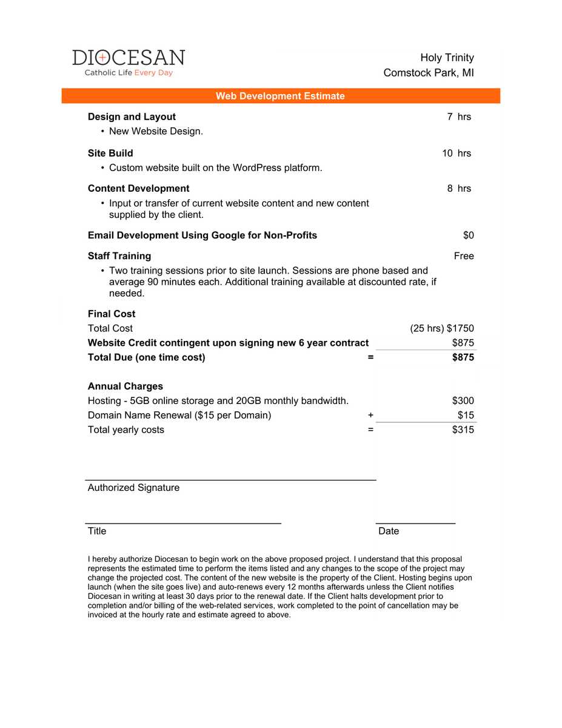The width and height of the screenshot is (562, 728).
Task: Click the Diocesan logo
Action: (129, 62)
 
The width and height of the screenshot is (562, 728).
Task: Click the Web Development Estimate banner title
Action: (280, 96)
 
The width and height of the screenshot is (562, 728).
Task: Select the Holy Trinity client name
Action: (447, 58)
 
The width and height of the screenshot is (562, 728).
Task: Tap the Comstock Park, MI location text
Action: (429, 73)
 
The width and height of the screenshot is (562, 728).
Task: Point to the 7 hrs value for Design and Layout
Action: (459, 116)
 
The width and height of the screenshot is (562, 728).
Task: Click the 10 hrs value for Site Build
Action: (457, 153)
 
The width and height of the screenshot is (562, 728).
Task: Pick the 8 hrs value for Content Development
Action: (459, 188)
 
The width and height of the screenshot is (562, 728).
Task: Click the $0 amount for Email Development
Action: (468, 235)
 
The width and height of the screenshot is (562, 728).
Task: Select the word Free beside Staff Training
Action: (464, 256)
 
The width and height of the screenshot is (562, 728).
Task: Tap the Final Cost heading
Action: (112, 314)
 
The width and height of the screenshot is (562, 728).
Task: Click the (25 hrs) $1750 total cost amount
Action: (442, 328)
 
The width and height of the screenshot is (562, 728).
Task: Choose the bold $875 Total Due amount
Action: (463, 357)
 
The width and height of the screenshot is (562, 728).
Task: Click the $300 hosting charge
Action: (463, 400)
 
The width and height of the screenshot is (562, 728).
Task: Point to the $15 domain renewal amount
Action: (466, 415)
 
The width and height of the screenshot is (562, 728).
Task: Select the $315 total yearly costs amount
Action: (463, 430)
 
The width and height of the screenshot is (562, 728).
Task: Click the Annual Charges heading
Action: (125, 386)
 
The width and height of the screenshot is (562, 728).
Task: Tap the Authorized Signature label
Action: (133, 487)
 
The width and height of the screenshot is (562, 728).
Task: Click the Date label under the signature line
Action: (389, 531)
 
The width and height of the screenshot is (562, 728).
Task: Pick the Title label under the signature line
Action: (97, 531)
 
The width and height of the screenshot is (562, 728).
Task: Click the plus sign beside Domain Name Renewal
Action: (370, 415)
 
